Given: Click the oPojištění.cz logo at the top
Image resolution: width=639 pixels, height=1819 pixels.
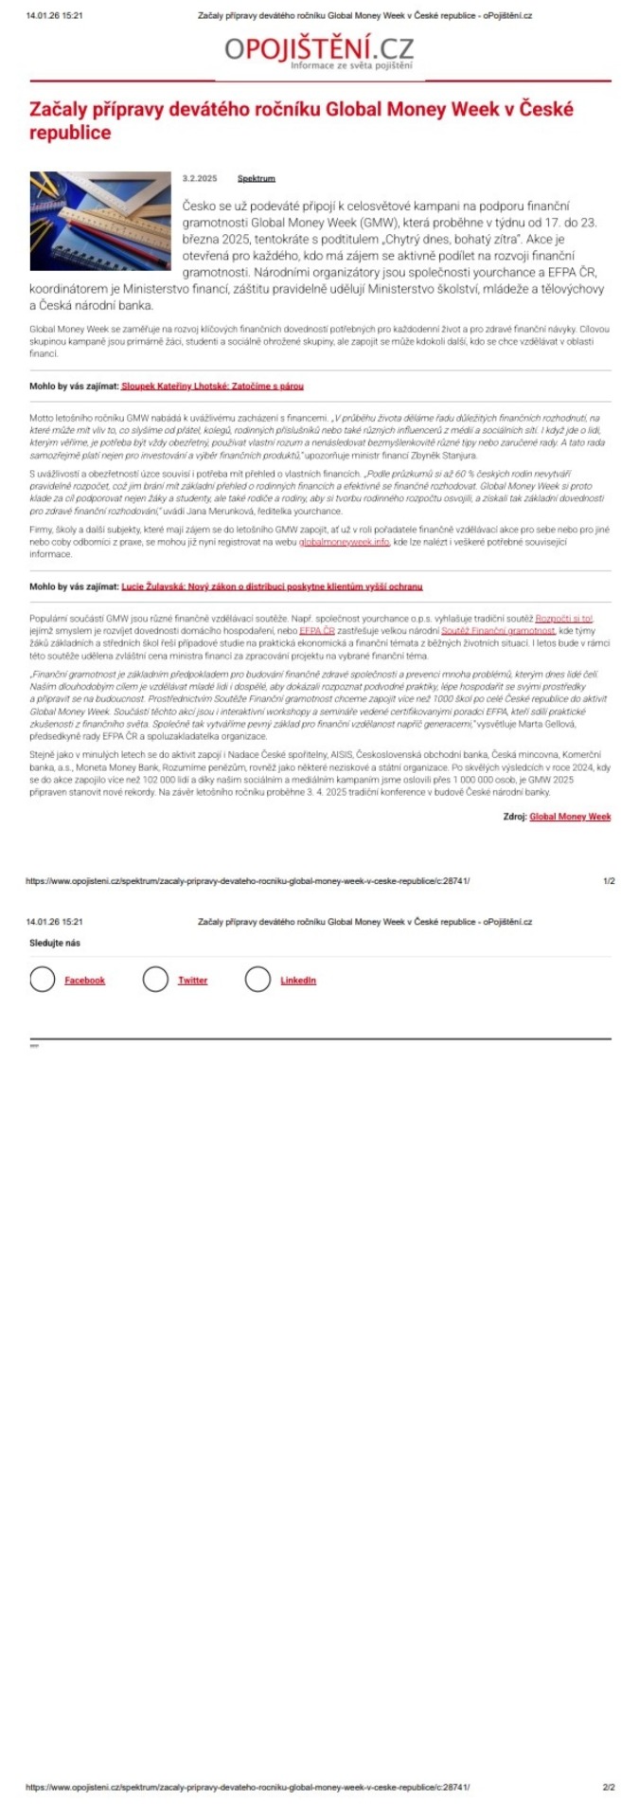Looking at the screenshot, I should pos(319,49).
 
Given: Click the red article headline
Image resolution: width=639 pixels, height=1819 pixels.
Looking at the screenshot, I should pos(301,120).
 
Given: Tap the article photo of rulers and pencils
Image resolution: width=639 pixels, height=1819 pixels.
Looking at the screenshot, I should pos(100,221).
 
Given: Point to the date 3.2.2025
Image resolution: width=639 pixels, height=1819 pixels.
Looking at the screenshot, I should pos(200,178).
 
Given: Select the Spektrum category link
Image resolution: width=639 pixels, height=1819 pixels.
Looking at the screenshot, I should pos(256,178).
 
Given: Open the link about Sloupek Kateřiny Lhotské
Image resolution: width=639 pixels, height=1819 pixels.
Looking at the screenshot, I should pos(212,387).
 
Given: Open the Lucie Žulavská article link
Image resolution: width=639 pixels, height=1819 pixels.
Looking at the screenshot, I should pos(272,586).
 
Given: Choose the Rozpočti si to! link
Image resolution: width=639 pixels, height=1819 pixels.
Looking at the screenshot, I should pos(563,618).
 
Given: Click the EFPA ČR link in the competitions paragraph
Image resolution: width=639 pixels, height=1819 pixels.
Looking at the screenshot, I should pos(317,630).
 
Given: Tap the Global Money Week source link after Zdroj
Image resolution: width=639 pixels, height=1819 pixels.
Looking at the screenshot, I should pos(570,816).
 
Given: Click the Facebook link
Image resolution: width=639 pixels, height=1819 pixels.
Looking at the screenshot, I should pos(84,981).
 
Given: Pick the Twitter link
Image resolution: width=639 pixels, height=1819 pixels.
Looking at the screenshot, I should pos(192,981).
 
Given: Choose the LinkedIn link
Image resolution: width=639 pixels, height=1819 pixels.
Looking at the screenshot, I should pos(298,981).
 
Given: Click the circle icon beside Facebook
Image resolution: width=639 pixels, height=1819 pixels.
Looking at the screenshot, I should pos(42,980).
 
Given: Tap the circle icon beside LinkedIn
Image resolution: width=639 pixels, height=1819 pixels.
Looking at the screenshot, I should pos(257,980).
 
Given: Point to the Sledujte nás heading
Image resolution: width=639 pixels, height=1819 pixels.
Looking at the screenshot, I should pos(55,943).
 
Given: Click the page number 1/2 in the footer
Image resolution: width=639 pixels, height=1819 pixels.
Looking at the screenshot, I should pos(609,880).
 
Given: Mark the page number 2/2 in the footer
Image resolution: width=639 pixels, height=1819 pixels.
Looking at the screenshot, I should pos(609,1787).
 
